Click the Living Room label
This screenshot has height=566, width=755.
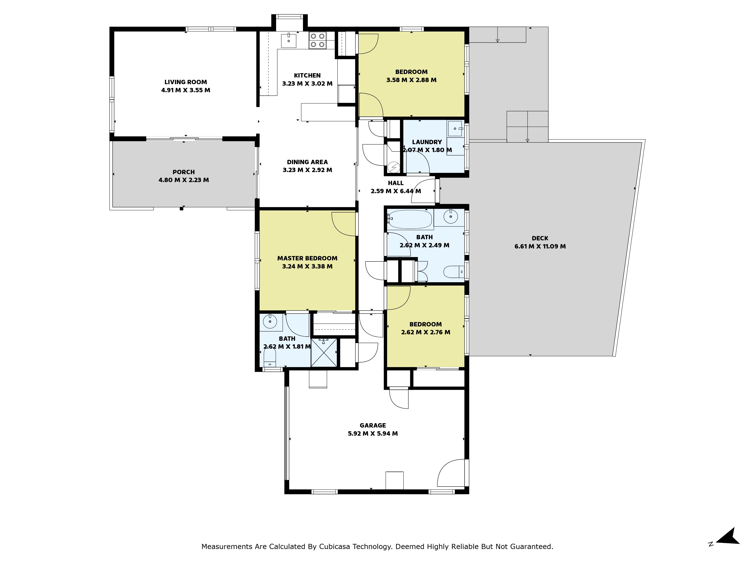186,82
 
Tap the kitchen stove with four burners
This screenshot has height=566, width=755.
317,40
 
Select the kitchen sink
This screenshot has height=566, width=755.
288,40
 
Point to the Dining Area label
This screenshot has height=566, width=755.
307,162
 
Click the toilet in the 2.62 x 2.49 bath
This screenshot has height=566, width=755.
454,271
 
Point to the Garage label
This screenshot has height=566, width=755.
373,425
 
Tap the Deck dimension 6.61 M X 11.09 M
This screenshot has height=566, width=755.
540,246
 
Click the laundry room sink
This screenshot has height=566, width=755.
455,129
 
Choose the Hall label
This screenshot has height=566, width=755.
396,183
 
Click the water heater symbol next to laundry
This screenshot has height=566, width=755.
394,168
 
